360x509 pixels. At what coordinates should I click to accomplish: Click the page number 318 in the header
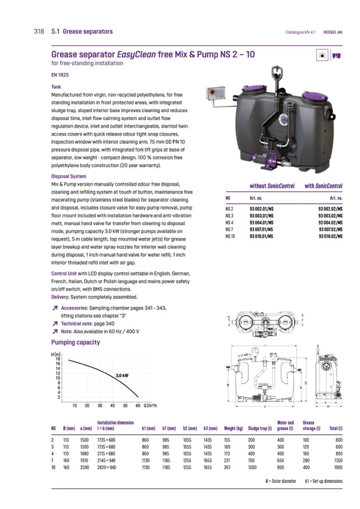pyautogui.click(x=39, y=32)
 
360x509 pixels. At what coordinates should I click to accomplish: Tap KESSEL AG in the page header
pyautogui.click(x=333, y=32)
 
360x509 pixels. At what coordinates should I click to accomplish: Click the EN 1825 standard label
pyautogui.click(x=59, y=75)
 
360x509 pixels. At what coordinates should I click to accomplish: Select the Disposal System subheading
pyautogui.click(x=68, y=176)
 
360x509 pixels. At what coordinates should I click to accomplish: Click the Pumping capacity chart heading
pyautogui.click(x=75, y=342)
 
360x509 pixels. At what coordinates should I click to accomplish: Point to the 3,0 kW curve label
pyautogui.click(x=122, y=375)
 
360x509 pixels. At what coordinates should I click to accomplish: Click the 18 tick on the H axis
pyautogui.click(x=58, y=359)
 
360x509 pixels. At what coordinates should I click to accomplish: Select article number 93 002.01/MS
pyautogui.click(x=261, y=210)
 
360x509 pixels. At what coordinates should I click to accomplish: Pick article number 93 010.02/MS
pyautogui.click(x=330, y=235)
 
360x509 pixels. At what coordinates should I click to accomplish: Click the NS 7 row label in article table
pyautogui.click(x=229, y=229)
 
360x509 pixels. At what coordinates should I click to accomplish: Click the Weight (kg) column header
pyautogui.click(x=234, y=428)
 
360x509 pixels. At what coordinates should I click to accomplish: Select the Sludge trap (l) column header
pyautogui.click(x=260, y=428)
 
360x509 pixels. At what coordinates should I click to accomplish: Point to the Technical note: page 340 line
pyautogui.click(x=88, y=323)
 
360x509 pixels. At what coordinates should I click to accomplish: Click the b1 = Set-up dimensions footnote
pyautogui.click(x=323, y=481)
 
